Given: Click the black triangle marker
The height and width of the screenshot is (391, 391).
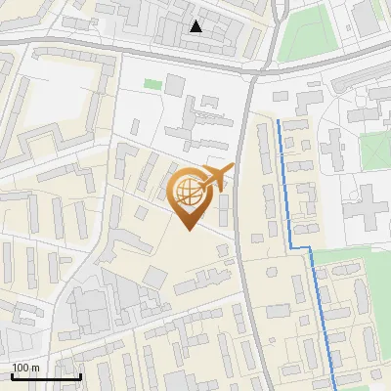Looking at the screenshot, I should click(196, 26).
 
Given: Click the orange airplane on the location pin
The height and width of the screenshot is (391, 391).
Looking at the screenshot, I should click(216, 176).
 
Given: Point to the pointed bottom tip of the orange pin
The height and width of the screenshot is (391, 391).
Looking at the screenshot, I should click(188, 229).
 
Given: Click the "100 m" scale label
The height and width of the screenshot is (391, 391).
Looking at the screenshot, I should click(25, 368).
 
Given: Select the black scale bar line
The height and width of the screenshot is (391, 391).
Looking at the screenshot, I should click(46, 376).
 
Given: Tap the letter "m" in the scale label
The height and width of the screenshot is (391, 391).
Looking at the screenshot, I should click(35, 368).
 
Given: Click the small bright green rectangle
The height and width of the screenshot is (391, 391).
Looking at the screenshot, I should click(152, 84).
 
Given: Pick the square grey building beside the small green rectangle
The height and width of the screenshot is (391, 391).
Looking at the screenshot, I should click(174, 85).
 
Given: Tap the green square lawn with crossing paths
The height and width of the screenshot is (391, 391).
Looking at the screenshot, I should click(375, 149).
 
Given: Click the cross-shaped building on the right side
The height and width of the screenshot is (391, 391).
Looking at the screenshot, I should click(368, 204).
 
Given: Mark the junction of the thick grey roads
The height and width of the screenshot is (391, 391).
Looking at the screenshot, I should click(256, 73).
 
